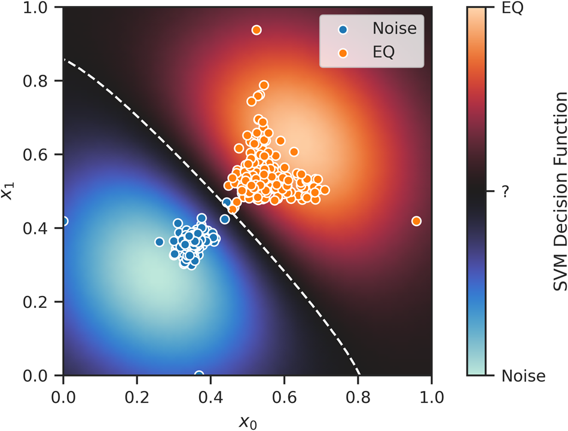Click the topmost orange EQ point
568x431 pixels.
click(x=256, y=30)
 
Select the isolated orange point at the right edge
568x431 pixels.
click(x=417, y=221)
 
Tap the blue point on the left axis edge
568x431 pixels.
click(x=64, y=221)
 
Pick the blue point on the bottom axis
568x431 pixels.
click(x=199, y=375)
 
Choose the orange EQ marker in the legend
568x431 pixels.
click(x=342, y=52)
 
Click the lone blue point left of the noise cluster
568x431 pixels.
click(x=159, y=242)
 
